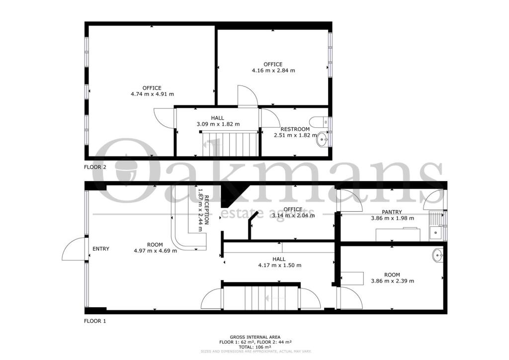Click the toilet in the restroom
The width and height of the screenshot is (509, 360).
click(x=316, y=120)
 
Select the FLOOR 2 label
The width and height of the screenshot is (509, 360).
click(x=95, y=168)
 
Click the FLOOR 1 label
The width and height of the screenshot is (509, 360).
click(x=95, y=321)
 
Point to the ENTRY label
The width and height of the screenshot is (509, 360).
click(x=101, y=249)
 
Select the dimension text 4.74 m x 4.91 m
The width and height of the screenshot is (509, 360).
click(x=152, y=94)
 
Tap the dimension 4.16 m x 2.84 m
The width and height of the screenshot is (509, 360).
click(x=273, y=71)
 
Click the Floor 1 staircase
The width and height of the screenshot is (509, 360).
click(x=260, y=297)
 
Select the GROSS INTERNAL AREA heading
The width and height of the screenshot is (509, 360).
click(x=254, y=337)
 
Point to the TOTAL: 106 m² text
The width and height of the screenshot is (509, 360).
click(x=254, y=347)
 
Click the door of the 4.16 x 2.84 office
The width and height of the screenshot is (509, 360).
click(x=247, y=96)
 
